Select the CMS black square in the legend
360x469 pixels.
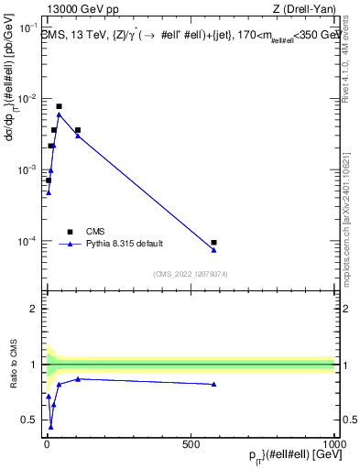[70, 232]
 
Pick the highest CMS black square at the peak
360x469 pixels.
[60, 106]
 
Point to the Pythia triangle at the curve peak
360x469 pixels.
[60, 114]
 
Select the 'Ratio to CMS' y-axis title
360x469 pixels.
[12, 364]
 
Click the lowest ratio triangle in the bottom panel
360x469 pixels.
[50, 427]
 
